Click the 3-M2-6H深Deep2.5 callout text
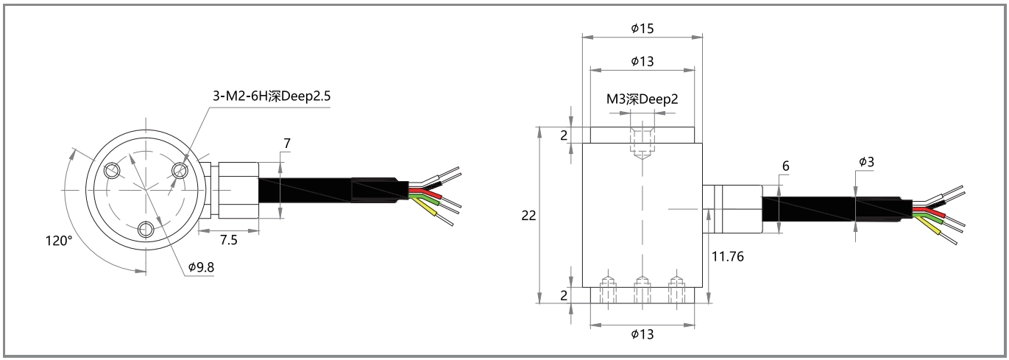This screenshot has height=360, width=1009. click(x=272, y=96)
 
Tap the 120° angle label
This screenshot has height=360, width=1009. click(x=59, y=241)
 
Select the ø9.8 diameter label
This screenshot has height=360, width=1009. click(x=201, y=267)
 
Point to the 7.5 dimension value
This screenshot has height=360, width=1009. click(x=228, y=240)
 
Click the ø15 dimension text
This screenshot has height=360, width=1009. click(x=642, y=29)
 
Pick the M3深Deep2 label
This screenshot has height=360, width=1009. click(x=642, y=99)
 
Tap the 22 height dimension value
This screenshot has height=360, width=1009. click(x=529, y=216)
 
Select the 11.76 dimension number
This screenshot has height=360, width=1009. click(x=727, y=256)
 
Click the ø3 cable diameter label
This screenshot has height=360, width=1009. click(x=866, y=161)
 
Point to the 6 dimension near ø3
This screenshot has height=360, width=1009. click(x=785, y=166)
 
